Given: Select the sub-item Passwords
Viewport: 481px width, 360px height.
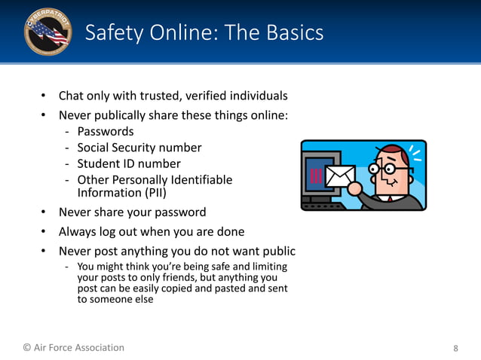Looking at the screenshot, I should tap(105, 132).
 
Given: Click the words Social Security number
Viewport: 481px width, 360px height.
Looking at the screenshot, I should tap(139, 148).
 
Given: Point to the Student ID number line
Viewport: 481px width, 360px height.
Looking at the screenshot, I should tap(129, 163).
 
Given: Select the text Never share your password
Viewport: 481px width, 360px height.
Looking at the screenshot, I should tap(132, 212).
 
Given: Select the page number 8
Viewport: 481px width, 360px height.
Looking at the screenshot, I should tap(455, 349).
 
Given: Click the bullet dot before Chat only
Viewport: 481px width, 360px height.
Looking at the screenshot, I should tap(44, 96).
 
